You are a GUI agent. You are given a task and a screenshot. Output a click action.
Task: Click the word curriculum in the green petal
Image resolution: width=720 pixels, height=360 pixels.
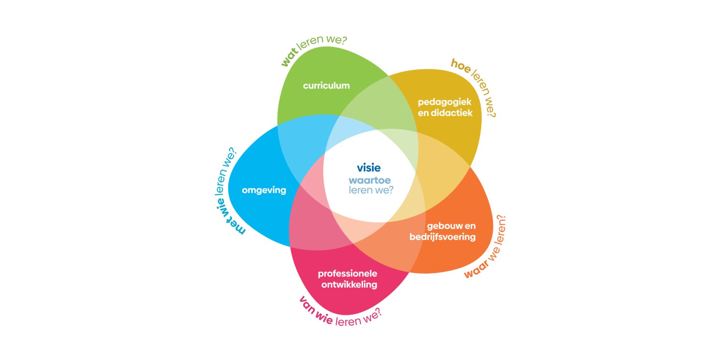[326, 86]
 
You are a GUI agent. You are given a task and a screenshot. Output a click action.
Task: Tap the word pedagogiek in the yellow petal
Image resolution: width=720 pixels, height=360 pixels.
[444, 102]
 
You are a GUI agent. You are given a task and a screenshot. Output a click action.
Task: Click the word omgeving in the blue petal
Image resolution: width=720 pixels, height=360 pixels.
[264, 190]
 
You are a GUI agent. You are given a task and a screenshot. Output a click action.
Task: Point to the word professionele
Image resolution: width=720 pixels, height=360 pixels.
[348, 274]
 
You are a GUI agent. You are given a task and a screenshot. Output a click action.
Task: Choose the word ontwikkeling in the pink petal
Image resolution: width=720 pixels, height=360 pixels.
[349, 285]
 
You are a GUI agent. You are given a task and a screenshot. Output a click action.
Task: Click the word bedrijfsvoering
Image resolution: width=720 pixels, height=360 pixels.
[442, 237]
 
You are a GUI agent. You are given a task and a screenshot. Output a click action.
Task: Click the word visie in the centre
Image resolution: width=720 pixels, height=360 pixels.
[368, 168]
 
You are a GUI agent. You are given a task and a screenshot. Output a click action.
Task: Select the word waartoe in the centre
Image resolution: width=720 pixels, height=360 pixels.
[370, 180]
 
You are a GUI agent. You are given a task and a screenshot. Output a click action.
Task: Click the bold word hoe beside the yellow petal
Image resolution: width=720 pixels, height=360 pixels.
[460, 66]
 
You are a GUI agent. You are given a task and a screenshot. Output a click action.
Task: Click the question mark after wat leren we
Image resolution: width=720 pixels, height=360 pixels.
[344, 40]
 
